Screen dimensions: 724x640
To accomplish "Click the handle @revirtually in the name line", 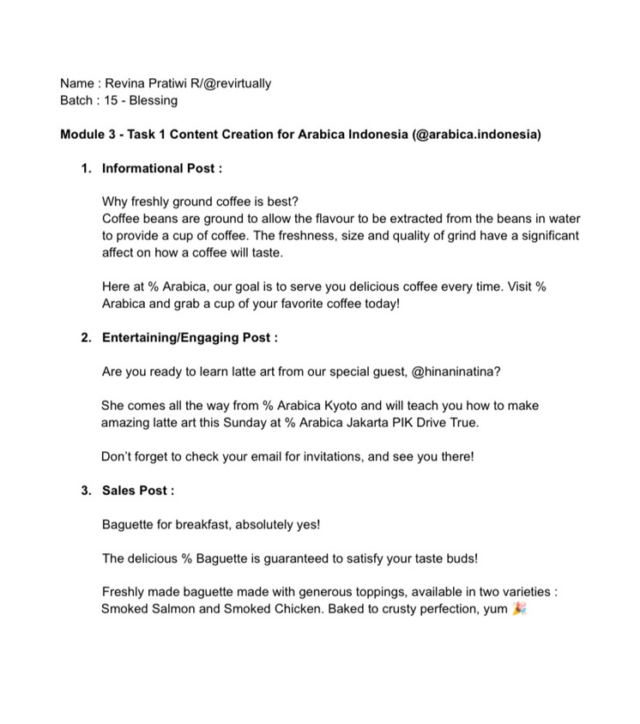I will [232, 83].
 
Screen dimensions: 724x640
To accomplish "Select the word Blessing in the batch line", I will [154, 100].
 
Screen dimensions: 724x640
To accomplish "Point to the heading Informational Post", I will [161, 168].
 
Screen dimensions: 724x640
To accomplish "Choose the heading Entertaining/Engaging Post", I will [189, 338].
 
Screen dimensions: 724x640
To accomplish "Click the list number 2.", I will [86, 338].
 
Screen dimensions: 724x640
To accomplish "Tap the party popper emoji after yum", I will [517, 609].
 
